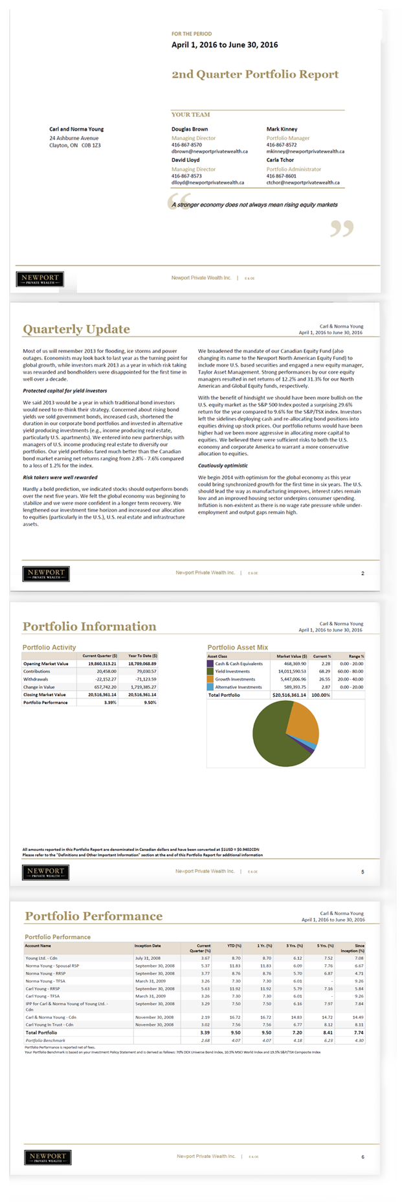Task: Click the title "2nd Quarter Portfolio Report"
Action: point(255,74)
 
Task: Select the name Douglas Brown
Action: point(190,129)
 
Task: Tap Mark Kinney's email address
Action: point(305,152)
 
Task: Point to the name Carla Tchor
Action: point(280,160)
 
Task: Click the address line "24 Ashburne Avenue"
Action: point(74,138)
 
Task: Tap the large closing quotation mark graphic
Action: point(342,228)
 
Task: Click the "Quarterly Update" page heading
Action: point(76,330)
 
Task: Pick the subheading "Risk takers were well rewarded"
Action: point(60,477)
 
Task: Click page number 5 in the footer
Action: point(363,872)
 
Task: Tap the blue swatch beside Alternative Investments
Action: point(210,687)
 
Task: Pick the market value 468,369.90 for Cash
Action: point(295,664)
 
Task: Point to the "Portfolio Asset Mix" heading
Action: point(238,647)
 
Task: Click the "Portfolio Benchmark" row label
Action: point(45,1041)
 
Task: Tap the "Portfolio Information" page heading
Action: point(89,627)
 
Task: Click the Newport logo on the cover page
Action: point(40,279)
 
